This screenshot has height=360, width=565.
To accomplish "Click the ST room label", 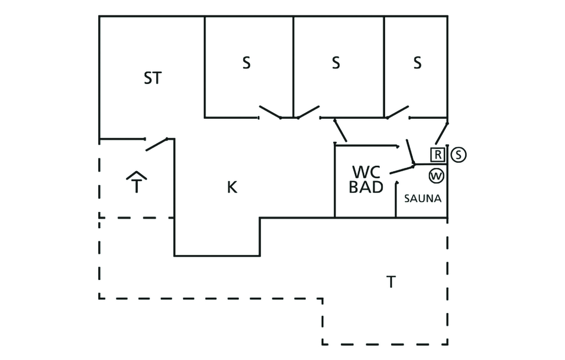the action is [x=153, y=78].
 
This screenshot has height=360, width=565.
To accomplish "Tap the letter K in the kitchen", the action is [x=232, y=187].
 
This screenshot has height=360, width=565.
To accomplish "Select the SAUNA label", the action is [x=423, y=198].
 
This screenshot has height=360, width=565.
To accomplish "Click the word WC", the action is [x=366, y=172].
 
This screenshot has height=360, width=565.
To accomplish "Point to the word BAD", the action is [x=366, y=187].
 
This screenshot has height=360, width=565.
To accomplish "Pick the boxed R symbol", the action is [x=438, y=155].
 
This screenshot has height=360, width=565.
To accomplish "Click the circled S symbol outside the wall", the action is [x=459, y=155].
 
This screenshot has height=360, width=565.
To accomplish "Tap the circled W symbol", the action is [x=436, y=176].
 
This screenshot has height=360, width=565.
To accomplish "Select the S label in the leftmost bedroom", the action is [x=246, y=63].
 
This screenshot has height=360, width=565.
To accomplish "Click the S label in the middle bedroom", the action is [x=336, y=63].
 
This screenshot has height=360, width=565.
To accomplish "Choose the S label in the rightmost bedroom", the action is [x=417, y=63].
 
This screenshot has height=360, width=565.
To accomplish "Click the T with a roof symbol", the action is [x=136, y=182].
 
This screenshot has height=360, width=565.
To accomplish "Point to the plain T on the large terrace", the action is [x=391, y=282].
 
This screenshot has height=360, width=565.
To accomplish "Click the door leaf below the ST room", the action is [x=156, y=144].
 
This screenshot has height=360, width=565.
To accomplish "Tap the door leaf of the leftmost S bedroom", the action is [x=270, y=112].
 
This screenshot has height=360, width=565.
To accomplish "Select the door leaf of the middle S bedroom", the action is [x=308, y=112].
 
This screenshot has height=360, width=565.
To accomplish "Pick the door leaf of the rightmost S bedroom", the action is [x=398, y=112].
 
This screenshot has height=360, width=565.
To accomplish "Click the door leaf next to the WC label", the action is [x=402, y=170].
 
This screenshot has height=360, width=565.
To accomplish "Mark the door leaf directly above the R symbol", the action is [x=441, y=134].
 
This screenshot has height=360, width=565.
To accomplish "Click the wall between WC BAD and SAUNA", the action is [x=396, y=200].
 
